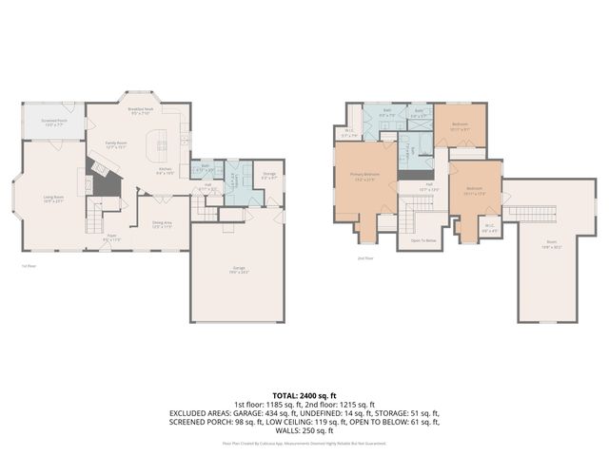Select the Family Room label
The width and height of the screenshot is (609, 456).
[x=116, y=143]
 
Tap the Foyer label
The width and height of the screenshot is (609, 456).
[x=111, y=237]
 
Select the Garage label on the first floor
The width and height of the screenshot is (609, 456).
[x=238, y=269]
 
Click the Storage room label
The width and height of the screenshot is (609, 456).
[x=269, y=175]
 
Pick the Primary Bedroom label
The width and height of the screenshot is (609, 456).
[x=364, y=176]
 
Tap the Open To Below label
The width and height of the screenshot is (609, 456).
[x=423, y=240]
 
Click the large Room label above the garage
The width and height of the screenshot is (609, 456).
[x=551, y=243]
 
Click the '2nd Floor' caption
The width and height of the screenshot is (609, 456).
[x=365, y=257]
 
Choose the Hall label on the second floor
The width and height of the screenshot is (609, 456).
[x=429, y=186]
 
